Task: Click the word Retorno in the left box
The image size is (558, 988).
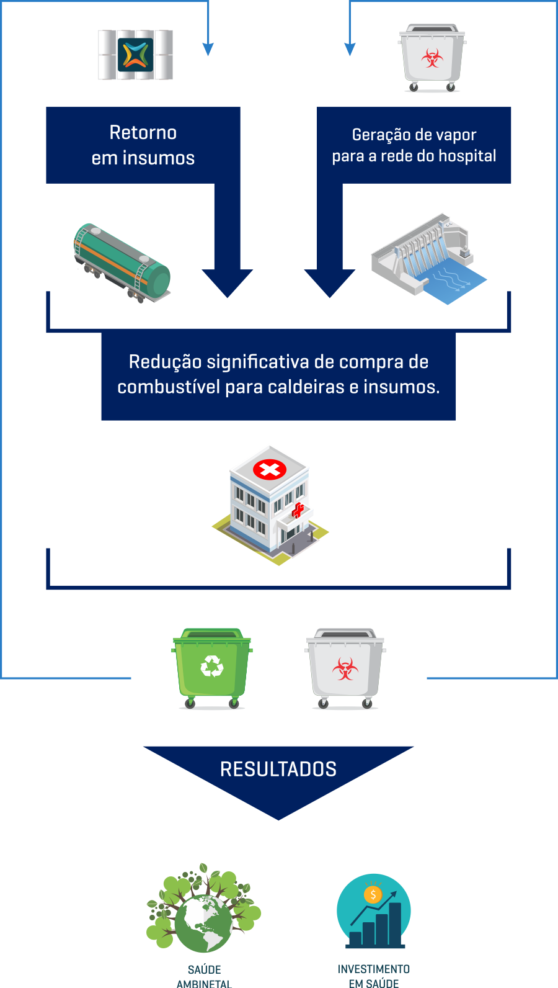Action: point(143,133)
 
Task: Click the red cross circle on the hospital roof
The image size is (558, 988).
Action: point(270,469)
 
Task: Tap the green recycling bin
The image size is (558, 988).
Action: point(212,668)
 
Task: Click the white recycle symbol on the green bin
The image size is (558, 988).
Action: point(212,667)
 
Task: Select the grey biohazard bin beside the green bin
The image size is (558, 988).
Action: point(345,668)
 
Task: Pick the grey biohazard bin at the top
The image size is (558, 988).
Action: point(432,58)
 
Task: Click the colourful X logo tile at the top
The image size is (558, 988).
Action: point(136,55)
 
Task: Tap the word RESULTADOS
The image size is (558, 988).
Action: point(278,770)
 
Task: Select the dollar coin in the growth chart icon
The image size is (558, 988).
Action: point(373,894)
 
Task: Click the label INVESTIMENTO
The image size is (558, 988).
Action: point(374,969)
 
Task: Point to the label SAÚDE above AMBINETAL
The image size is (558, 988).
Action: point(204,969)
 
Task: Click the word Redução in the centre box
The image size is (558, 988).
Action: point(165,362)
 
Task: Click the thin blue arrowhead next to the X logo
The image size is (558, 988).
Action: point(208,49)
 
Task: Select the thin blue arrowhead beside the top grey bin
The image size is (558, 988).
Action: point(350,49)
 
